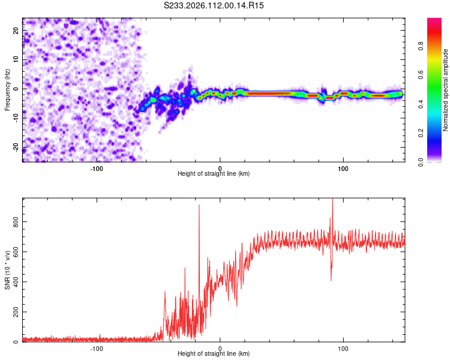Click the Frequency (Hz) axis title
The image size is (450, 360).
8,90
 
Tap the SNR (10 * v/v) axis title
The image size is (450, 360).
8,269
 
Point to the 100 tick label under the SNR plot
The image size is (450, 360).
343,347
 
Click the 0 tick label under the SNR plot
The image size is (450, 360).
220,347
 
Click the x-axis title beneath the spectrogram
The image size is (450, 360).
214,174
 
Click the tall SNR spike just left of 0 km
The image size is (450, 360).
199,207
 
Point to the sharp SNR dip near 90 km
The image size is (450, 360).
331,278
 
